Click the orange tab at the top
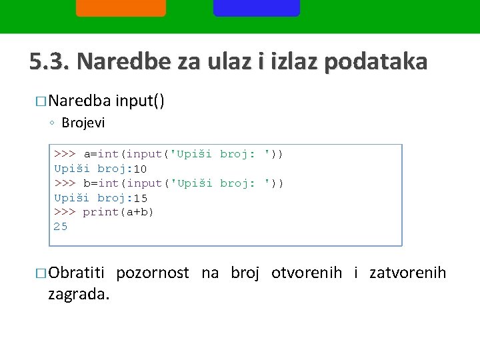click(x=121, y=7)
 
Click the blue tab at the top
click(x=257, y=7)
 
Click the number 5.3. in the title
click(x=49, y=61)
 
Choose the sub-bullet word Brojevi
click(x=83, y=123)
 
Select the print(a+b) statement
click(x=118, y=212)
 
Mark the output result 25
click(x=61, y=227)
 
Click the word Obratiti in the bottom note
click(x=77, y=273)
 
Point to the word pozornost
click(x=153, y=273)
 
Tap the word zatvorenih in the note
click(x=407, y=273)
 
